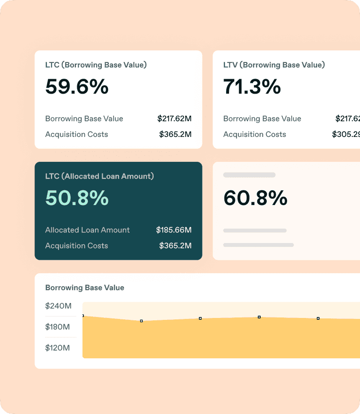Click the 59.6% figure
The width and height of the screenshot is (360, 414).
77,87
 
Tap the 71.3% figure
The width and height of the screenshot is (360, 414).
252,87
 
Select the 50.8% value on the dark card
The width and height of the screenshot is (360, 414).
77,198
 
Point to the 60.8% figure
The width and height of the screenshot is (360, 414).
255,198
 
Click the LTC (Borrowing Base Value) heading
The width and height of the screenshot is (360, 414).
96,65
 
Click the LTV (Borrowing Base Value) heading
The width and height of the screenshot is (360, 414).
274,65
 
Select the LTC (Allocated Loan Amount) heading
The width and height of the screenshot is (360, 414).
99,176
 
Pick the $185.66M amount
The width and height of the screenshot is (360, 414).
174,230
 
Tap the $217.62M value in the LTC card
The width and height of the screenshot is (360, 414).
174,119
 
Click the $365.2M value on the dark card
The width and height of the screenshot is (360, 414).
175,246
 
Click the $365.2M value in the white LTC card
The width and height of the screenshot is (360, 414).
175,134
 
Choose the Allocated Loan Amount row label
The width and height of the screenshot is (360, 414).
87,230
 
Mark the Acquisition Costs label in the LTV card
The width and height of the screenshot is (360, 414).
254,134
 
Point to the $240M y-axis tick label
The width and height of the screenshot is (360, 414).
58,306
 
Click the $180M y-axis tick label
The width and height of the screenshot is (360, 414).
58,327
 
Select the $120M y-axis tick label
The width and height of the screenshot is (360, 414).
58,348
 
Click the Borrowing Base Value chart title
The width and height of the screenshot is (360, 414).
84,288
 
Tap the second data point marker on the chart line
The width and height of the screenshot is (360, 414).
141,321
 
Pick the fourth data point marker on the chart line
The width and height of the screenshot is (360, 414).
259,317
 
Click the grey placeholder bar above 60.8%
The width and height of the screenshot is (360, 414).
249,175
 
